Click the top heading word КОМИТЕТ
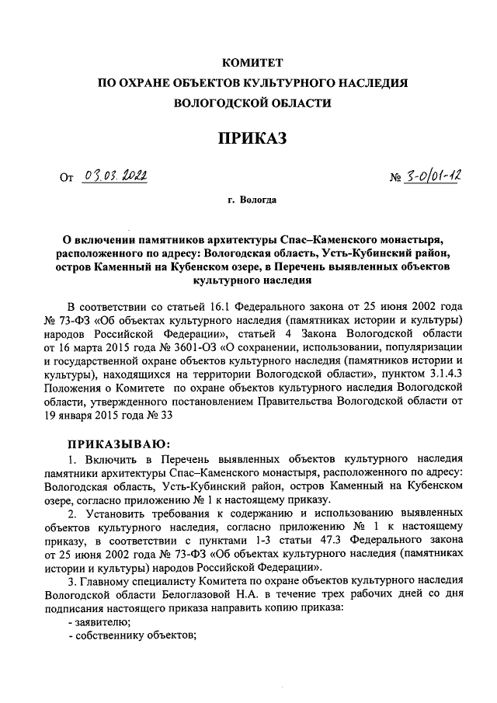click(252, 61)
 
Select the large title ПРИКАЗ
click(252, 138)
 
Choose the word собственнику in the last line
click(109, 635)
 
